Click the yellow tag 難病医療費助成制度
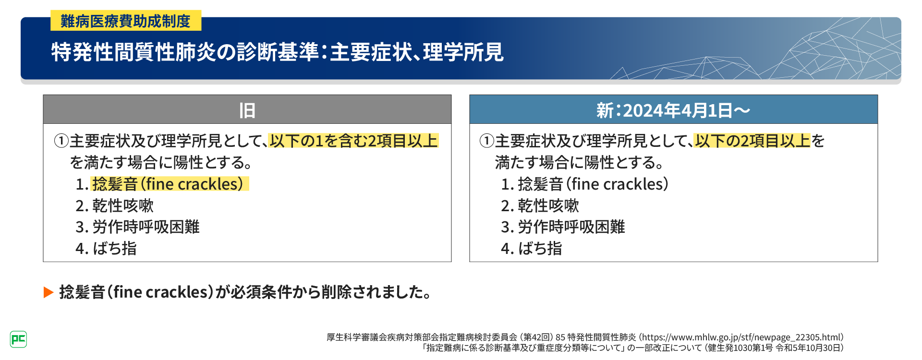[x=126, y=21]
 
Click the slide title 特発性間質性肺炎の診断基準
[x=185, y=52]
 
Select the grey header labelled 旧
[x=247, y=109]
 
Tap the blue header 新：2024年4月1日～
[x=673, y=109]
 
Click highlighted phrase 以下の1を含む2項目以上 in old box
[x=353, y=141]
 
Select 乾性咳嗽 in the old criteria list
[x=123, y=205]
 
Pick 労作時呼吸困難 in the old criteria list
[x=146, y=227]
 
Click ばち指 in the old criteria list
[x=115, y=248]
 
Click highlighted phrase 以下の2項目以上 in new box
[x=752, y=141]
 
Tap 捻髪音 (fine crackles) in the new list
[x=593, y=184]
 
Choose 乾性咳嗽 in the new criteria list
[x=548, y=205]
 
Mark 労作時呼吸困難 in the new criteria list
[x=571, y=227]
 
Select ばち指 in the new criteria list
[x=540, y=248]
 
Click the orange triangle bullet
[x=48, y=292]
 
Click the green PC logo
[x=18, y=339]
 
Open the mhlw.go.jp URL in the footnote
[x=742, y=337]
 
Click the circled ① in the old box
[x=61, y=141]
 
